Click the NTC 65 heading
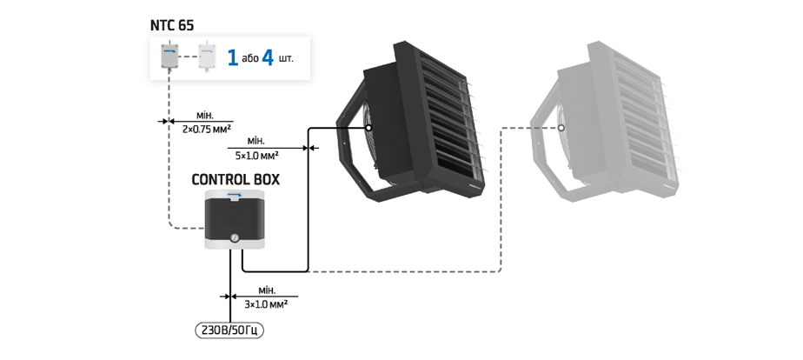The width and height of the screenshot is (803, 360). click(172, 25)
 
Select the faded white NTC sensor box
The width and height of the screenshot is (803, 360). click(207, 57)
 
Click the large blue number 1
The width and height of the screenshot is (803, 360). click(233, 57)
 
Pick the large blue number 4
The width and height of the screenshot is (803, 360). click(268, 57)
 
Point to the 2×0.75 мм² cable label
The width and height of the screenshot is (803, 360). click(206, 130)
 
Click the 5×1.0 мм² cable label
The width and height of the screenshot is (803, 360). click(257, 155)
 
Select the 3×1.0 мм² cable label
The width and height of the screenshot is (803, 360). click(266, 303)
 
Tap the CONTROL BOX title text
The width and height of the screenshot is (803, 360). click(236, 180)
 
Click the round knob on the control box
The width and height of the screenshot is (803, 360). click(235, 237)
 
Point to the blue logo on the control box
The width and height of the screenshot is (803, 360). click(235, 194)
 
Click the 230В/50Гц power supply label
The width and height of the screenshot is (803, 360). click(229, 330)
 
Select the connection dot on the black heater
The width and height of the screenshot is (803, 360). click(368, 128)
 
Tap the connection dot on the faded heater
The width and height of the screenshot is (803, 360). click(561, 128)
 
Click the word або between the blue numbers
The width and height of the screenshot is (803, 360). click(250, 58)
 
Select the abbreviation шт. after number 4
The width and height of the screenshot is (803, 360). click(286, 58)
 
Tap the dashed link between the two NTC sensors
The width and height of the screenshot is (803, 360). click(188, 57)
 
